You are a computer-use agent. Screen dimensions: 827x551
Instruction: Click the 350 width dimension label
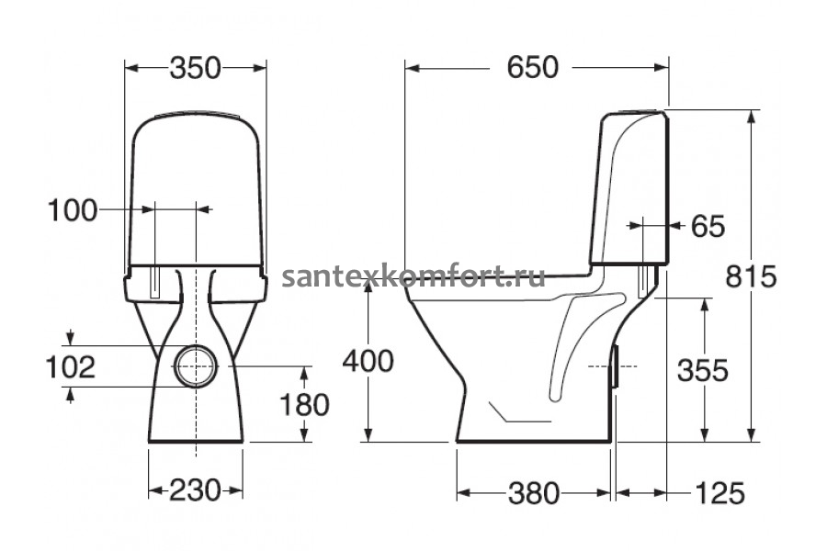tap(195, 68)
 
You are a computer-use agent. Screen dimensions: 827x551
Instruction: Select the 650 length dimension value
tap(532, 67)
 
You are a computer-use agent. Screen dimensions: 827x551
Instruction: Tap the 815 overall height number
tap(751, 276)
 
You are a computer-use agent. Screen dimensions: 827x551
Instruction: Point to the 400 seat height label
tap(368, 361)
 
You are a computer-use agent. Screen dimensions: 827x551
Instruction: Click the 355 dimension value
tap(703, 370)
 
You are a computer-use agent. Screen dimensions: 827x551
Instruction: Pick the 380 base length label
tap(534, 493)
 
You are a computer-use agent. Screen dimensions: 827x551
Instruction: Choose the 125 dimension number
tap(719, 493)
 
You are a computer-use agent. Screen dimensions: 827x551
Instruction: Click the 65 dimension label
tap(708, 226)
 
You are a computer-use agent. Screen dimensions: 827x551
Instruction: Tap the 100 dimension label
tap(73, 211)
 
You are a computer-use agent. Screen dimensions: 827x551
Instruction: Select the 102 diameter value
tap(71, 367)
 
